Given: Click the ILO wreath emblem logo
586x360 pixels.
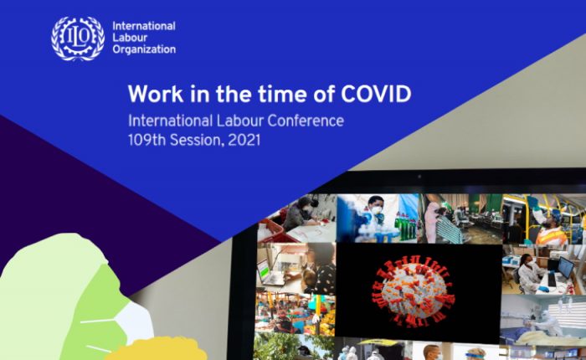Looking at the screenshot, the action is pos(78,39).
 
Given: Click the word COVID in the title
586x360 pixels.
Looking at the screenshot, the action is pos(376,94).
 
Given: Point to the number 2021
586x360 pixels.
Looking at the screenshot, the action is pos(244,140).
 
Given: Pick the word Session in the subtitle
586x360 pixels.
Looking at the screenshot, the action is pos(197,140).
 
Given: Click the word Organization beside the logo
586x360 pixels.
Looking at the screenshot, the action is pos(144,49).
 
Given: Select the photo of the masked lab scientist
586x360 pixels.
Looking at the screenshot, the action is pos(378,219).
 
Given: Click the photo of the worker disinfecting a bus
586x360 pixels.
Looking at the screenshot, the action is pos(544,219).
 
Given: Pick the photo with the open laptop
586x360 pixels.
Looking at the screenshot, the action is pos(296,269).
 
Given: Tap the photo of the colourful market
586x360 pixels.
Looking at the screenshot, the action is pos(296,314).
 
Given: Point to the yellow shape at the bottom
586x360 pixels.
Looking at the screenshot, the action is pos(157,349).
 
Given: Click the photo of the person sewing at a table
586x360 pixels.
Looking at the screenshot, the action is pos(297,219).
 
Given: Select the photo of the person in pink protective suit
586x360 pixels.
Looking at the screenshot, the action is pos(460,219).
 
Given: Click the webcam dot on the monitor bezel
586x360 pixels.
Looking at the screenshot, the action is pos(419,177).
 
